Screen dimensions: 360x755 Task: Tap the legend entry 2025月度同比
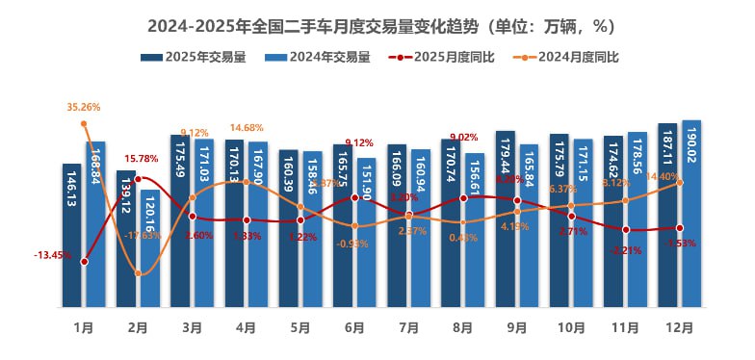[443, 57]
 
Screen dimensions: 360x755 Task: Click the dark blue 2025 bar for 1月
[72, 236]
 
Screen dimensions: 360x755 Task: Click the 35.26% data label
[84, 107]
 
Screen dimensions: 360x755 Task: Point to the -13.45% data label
[51, 255]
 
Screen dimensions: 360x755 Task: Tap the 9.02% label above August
[464, 137]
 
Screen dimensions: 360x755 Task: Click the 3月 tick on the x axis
[192, 327]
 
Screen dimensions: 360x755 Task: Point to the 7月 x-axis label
[408, 327]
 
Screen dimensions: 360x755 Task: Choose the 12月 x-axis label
[679, 327]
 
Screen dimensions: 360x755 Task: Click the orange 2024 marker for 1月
[85, 123]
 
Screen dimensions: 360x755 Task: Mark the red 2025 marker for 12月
[680, 228]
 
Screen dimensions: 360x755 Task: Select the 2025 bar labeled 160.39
[289, 229]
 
